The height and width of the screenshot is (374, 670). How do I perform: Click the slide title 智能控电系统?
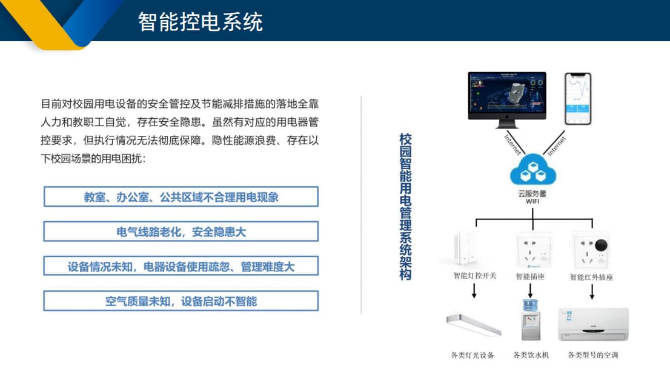point(200,22)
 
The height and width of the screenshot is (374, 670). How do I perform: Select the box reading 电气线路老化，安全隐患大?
point(181,232)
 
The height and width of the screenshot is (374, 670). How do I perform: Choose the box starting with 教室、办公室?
point(181,197)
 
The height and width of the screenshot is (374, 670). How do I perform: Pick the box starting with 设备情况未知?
point(181,267)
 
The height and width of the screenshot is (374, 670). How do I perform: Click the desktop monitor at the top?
point(506,97)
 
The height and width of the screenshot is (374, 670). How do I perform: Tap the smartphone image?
point(577,99)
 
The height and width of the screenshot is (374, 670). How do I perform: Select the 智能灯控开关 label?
point(474,276)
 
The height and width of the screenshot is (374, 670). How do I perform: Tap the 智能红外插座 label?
point(591,277)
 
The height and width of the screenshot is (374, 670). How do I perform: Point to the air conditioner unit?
point(593,324)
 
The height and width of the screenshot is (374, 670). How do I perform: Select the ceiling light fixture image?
point(473,324)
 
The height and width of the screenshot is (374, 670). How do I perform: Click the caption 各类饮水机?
point(531,355)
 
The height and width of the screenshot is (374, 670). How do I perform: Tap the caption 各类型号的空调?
point(593,355)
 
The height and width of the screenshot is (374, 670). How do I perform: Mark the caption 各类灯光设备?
point(473,355)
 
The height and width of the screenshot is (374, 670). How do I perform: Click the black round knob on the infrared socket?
point(601,245)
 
